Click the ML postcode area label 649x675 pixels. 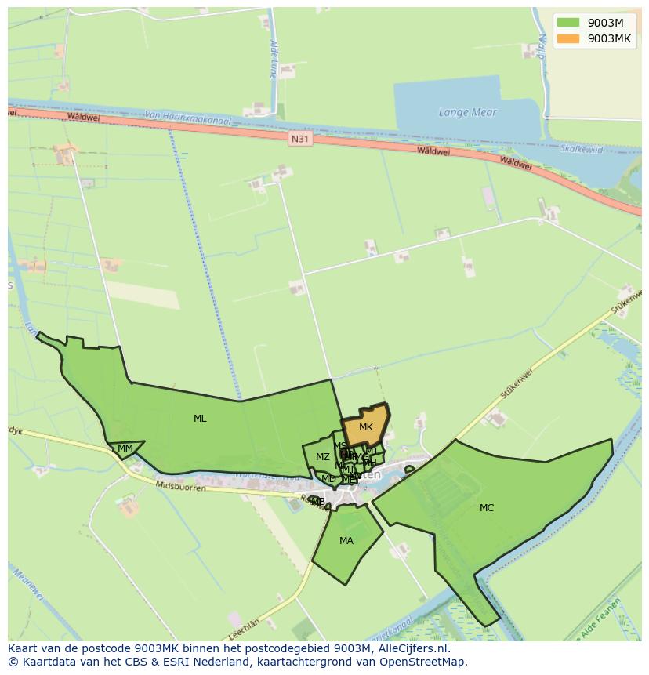(200, 419)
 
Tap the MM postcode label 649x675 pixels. (125, 448)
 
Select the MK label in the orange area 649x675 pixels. (366, 427)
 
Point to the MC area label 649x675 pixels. (487, 508)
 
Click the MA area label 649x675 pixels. (346, 541)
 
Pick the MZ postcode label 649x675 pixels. (323, 457)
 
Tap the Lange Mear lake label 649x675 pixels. (468, 112)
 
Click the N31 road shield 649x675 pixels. (299, 139)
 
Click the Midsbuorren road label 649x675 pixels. (181, 487)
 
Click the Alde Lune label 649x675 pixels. (273, 59)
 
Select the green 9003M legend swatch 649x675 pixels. (567, 22)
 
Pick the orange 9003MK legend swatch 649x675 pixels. (567, 38)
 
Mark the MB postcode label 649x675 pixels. (317, 501)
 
